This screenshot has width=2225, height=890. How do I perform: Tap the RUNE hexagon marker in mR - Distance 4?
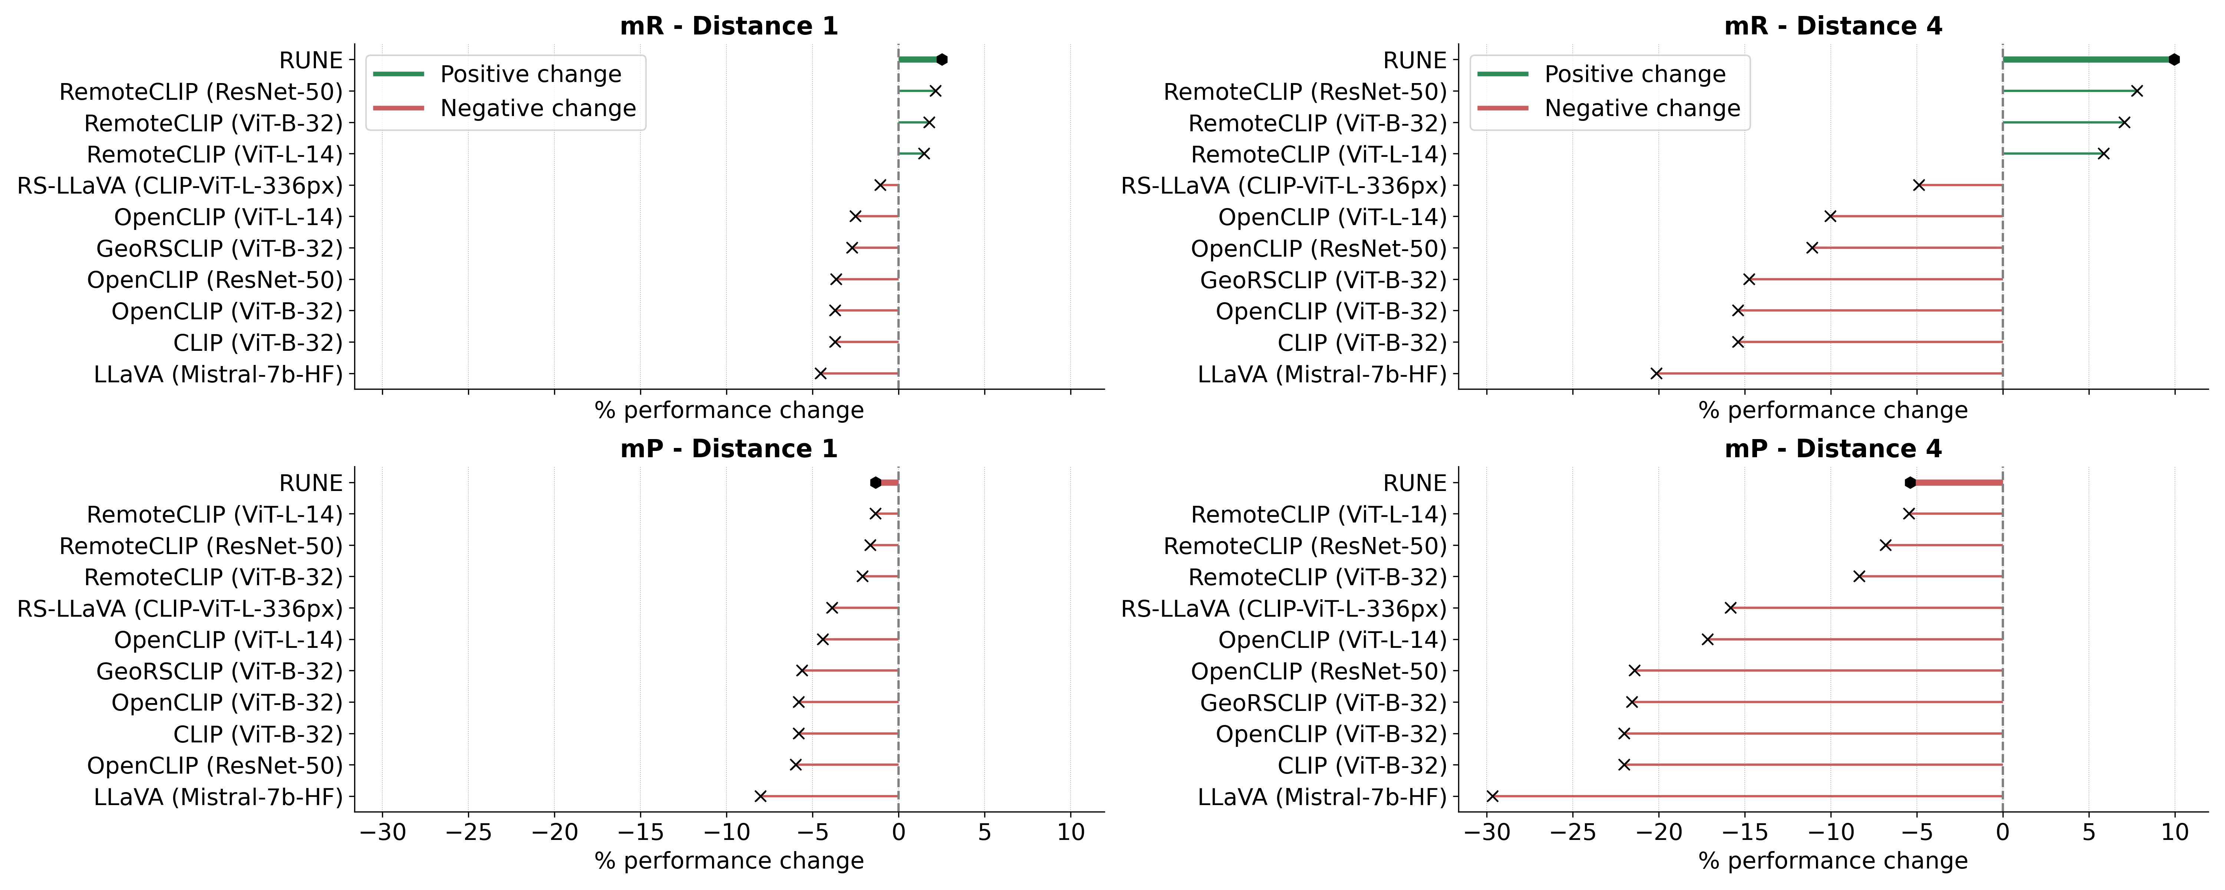point(2174,60)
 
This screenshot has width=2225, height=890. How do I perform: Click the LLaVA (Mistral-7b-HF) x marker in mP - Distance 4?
point(1493,796)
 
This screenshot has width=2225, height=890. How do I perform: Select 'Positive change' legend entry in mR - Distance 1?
point(530,74)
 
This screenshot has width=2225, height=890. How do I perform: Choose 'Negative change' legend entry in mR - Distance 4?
point(1642,108)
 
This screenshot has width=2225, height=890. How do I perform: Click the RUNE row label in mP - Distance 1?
point(311,483)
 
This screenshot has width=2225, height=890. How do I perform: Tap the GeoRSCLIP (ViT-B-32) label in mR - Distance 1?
point(220,249)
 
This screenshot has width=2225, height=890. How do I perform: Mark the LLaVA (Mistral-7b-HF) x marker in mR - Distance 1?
point(821,373)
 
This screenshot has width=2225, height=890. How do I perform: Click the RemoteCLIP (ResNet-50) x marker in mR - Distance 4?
point(2137,91)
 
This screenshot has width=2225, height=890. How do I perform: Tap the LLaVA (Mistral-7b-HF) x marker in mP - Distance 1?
point(760,796)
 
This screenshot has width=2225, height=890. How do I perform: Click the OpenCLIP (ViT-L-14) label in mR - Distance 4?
point(1332,217)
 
